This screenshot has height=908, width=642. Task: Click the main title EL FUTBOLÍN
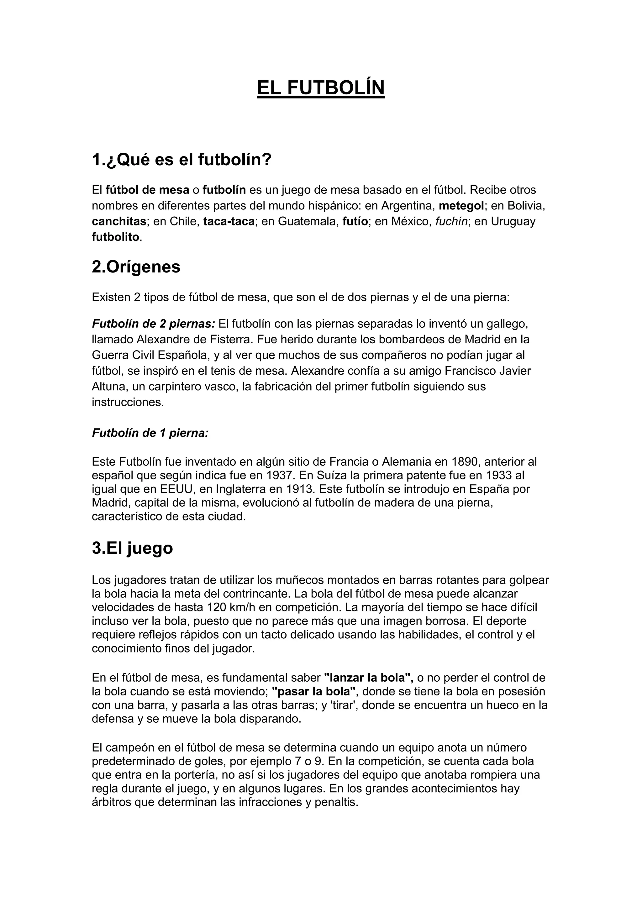321,88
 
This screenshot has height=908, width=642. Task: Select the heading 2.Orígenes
136,267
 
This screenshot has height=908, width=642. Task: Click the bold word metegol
461,206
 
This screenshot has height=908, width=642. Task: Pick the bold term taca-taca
229,221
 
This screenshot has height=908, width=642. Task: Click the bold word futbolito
116,237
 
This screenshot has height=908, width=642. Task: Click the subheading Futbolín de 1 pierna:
150,433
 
